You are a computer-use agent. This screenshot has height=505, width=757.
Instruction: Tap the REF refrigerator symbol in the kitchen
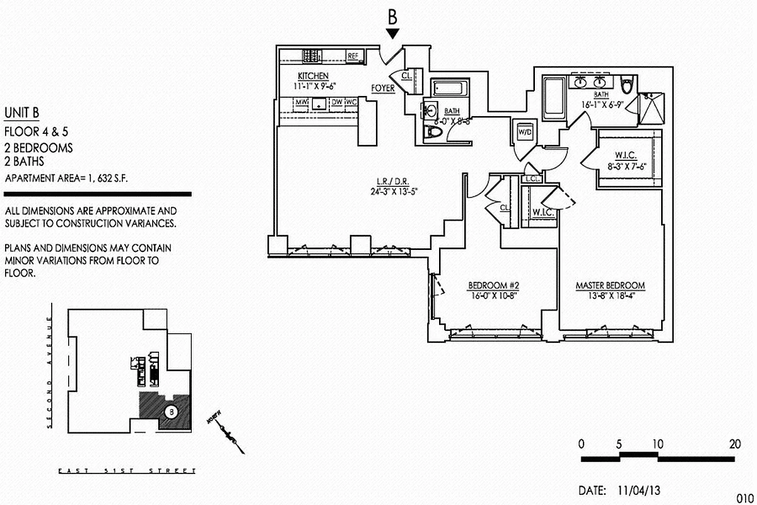pyautogui.click(x=353, y=56)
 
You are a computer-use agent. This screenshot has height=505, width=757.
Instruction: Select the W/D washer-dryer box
pyautogui.click(x=525, y=133)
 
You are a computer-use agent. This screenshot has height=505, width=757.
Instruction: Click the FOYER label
pyautogui.click(x=383, y=88)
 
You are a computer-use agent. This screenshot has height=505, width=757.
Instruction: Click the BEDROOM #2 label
pyautogui.click(x=493, y=285)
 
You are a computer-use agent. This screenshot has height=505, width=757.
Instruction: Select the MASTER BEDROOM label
pyautogui.click(x=609, y=285)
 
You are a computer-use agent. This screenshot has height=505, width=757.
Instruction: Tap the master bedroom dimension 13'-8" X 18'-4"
pyautogui.click(x=609, y=295)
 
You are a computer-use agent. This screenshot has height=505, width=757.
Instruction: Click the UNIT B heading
pyautogui.click(x=22, y=113)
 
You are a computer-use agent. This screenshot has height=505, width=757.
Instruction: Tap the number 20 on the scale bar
pyautogui.click(x=734, y=444)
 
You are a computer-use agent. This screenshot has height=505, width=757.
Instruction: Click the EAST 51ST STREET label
pyautogui.click(x=127, y=471)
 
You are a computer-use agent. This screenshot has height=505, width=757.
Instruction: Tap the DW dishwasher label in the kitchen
pyautogui.click(x=337, y=102)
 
